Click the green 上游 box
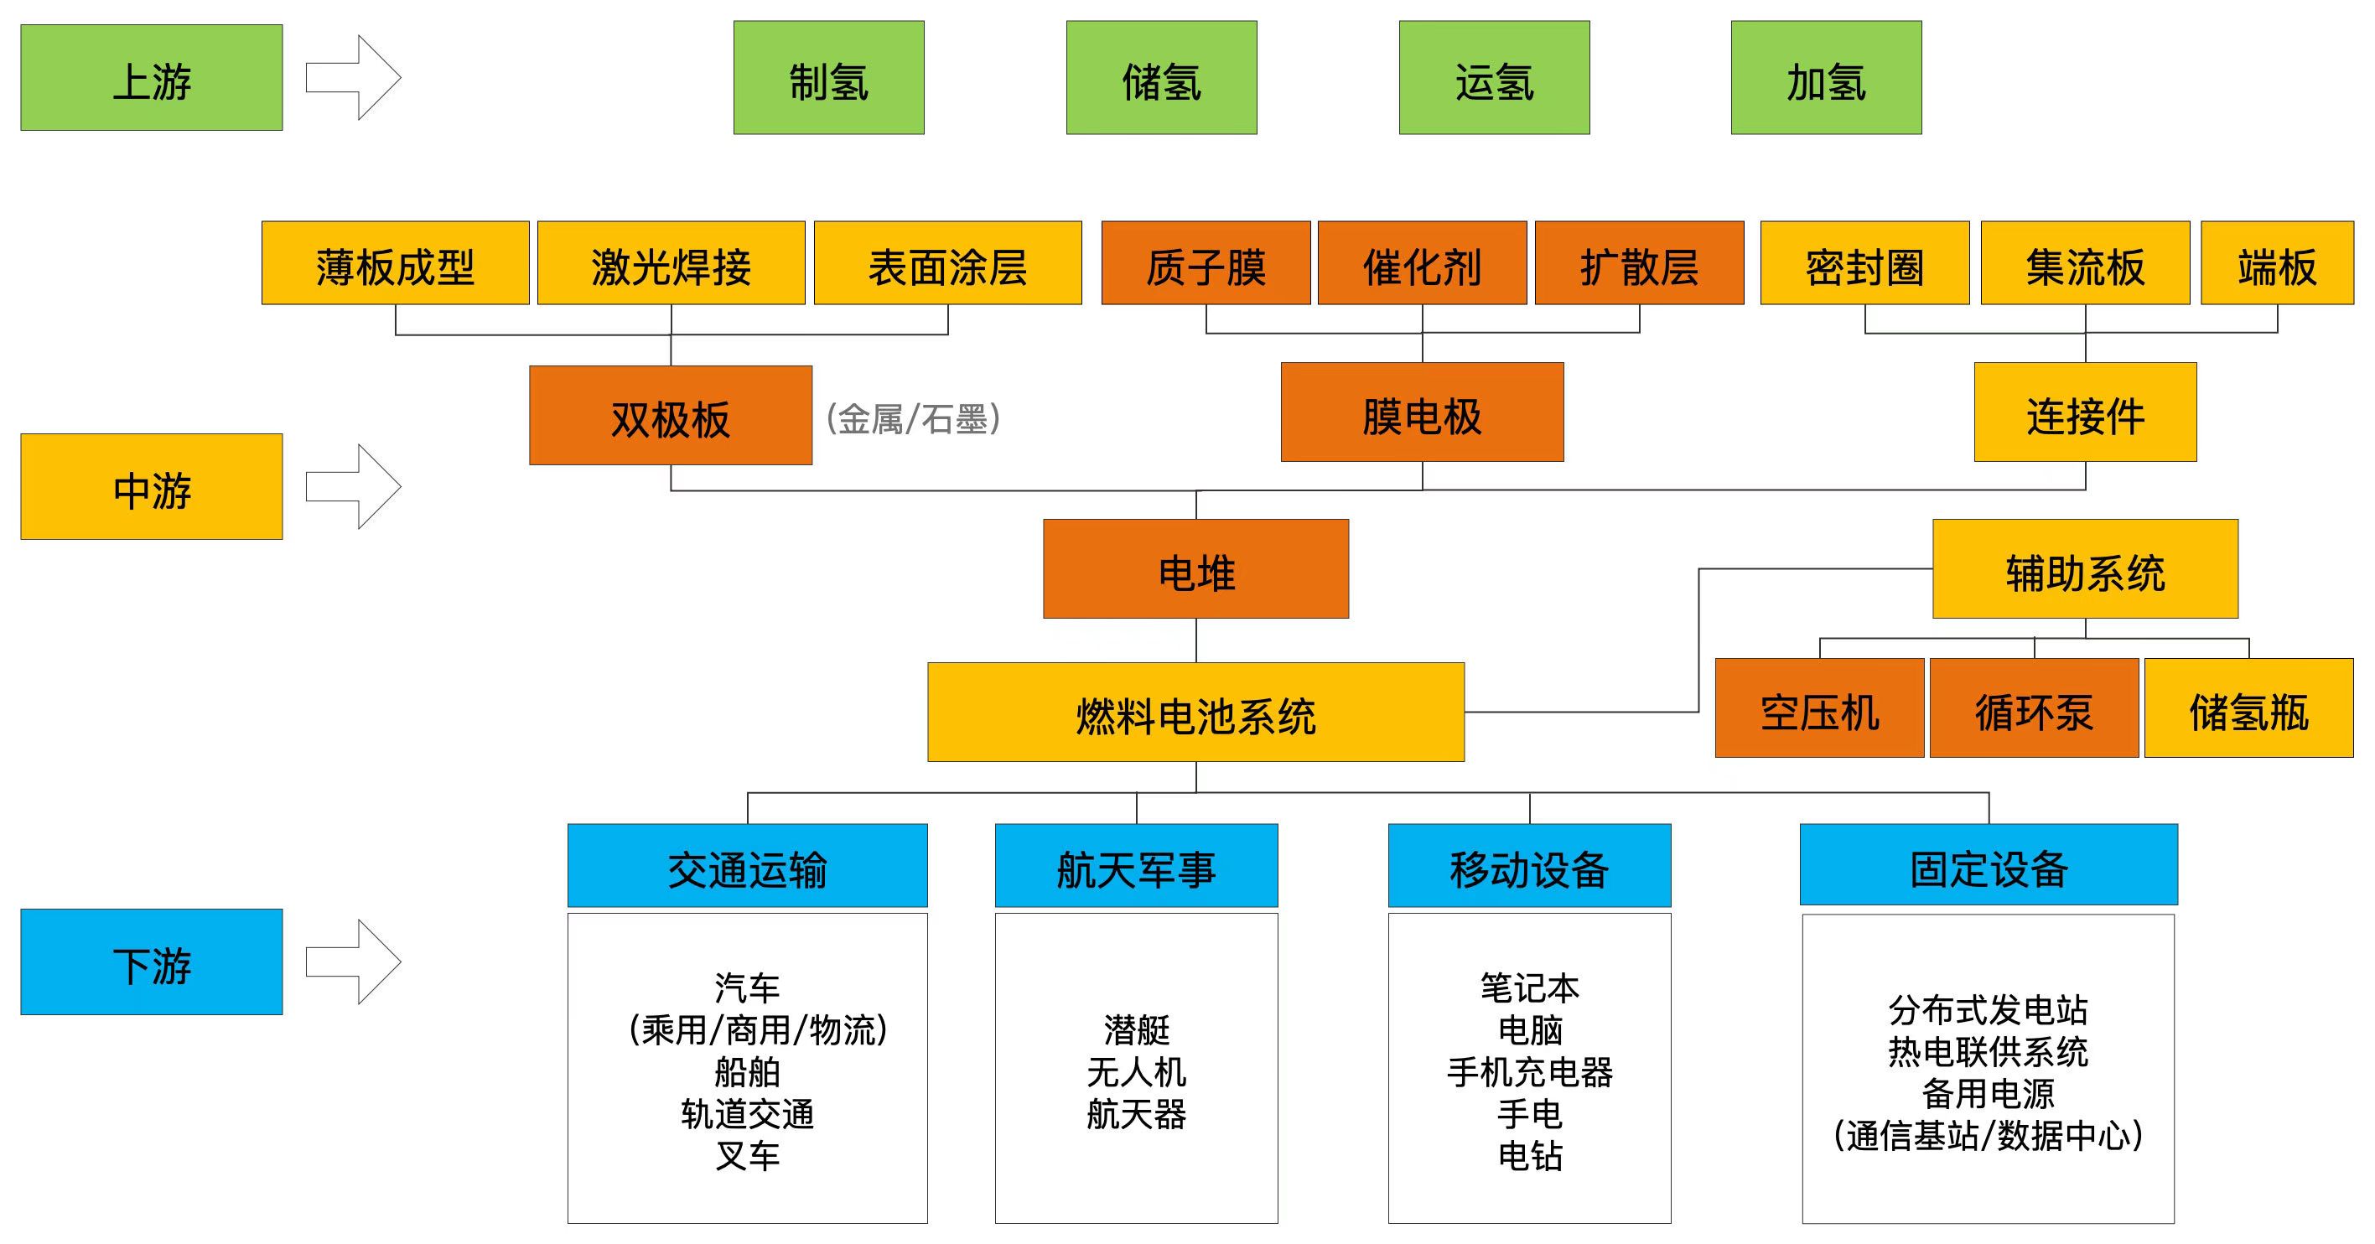pyautogui.click(x=151, y=77)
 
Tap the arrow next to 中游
pyautogui.click(x=353, y=486)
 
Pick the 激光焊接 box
pyautogui.click(x=671, y=264)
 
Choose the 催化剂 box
pyautogui.click(x=1422, y=264)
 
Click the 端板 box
pyautogui.click(x=2276, y=264)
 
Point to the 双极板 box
pyautogui.click(x=671, y=416)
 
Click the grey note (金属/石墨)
pyautogui.click(x=913, y=418)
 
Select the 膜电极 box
pyautogui.click(x=1422, y=412)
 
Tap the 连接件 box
pyautogui.click(x=2085, y=412)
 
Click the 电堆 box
pyautogui.click(x=1195, y=569)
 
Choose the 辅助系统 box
pyautogui.click(x=2085, y=569)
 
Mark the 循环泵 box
pyautogui.click(x=2034, y=708)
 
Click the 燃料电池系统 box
pyautogui.click(x=1195, y=712)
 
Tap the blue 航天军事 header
pyautogui.click(x=1136, y=866)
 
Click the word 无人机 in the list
pyautogui.click(x=1136, y=1071)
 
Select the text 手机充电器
pyautogui.click(x=1530, y=1071)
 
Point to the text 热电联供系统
pyautogui.click(x=1988, y=1051)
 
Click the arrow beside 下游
pyautogui.click(x=353, y=961)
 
